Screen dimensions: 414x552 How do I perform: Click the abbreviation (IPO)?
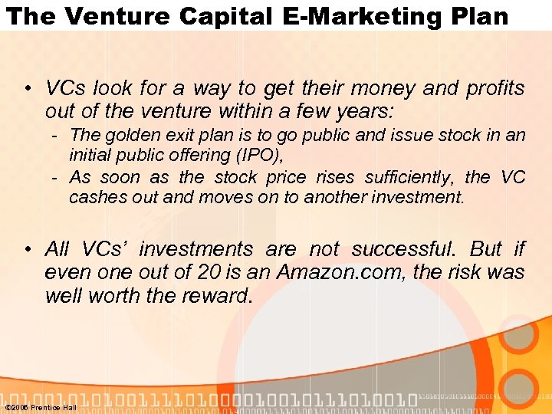[x=260, y=156]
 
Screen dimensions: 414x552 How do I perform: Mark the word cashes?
[x=94, y=197]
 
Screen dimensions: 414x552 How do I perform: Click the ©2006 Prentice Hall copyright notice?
[x=41, y=407]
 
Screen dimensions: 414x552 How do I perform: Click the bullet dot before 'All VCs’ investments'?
[x=28, y=250]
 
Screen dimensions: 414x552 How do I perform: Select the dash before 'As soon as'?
[x=56, y=178]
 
